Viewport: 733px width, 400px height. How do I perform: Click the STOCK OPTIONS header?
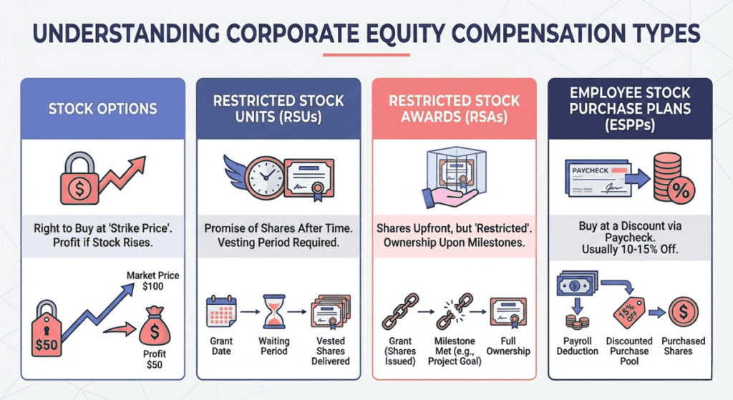[x=102, y=109]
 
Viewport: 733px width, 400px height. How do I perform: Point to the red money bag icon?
[x=153, y=330]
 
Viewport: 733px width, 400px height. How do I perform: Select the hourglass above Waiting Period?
[x=273, y=312]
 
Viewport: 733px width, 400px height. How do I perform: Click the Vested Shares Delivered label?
[x=331, y=351]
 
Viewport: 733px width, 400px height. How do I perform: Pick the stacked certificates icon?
[x=331, y=312]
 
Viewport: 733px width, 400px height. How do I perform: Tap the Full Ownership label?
[x=509, y=346]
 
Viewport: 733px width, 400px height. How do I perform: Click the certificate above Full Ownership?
[x=509, y=312]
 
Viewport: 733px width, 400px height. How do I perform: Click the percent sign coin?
[x=679, y=192]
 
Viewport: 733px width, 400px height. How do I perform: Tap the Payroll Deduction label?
[x=577, y=346]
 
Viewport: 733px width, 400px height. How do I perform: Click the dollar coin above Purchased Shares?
[x=682, y=312]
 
